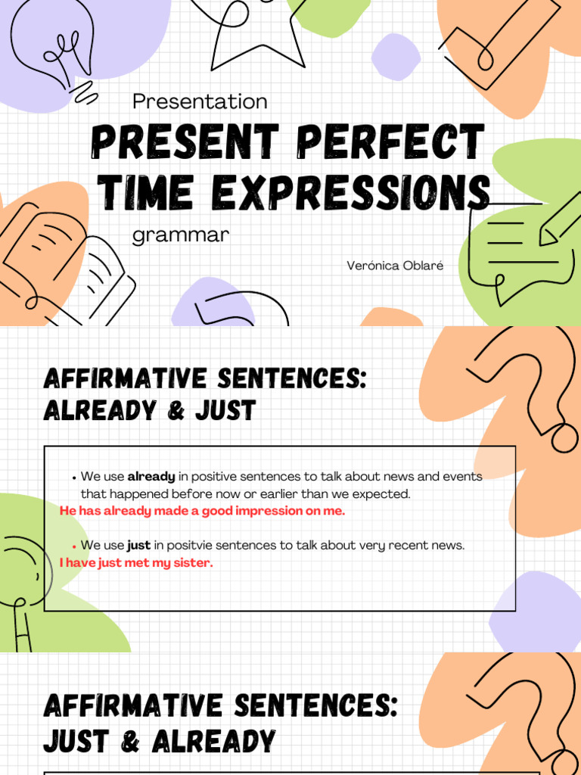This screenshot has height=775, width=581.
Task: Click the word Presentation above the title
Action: tap(200, 101)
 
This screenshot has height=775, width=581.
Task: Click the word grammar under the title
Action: tap(180, 235)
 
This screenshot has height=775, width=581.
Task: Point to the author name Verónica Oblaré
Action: tap(394, 266)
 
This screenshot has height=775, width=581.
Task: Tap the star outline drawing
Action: tap(250, 30)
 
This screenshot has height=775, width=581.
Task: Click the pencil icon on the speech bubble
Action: tap(560, 219)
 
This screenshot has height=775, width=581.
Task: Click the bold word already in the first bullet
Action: tap(151, 477)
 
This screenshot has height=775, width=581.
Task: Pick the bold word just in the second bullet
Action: tap(138, 545)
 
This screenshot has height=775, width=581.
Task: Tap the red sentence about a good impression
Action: tap(202, 511)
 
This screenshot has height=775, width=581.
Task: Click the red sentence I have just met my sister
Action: tap(136, 562)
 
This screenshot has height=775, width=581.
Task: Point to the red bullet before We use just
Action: tap(74, 546)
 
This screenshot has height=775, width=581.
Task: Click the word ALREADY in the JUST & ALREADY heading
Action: tap(213, 742)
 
